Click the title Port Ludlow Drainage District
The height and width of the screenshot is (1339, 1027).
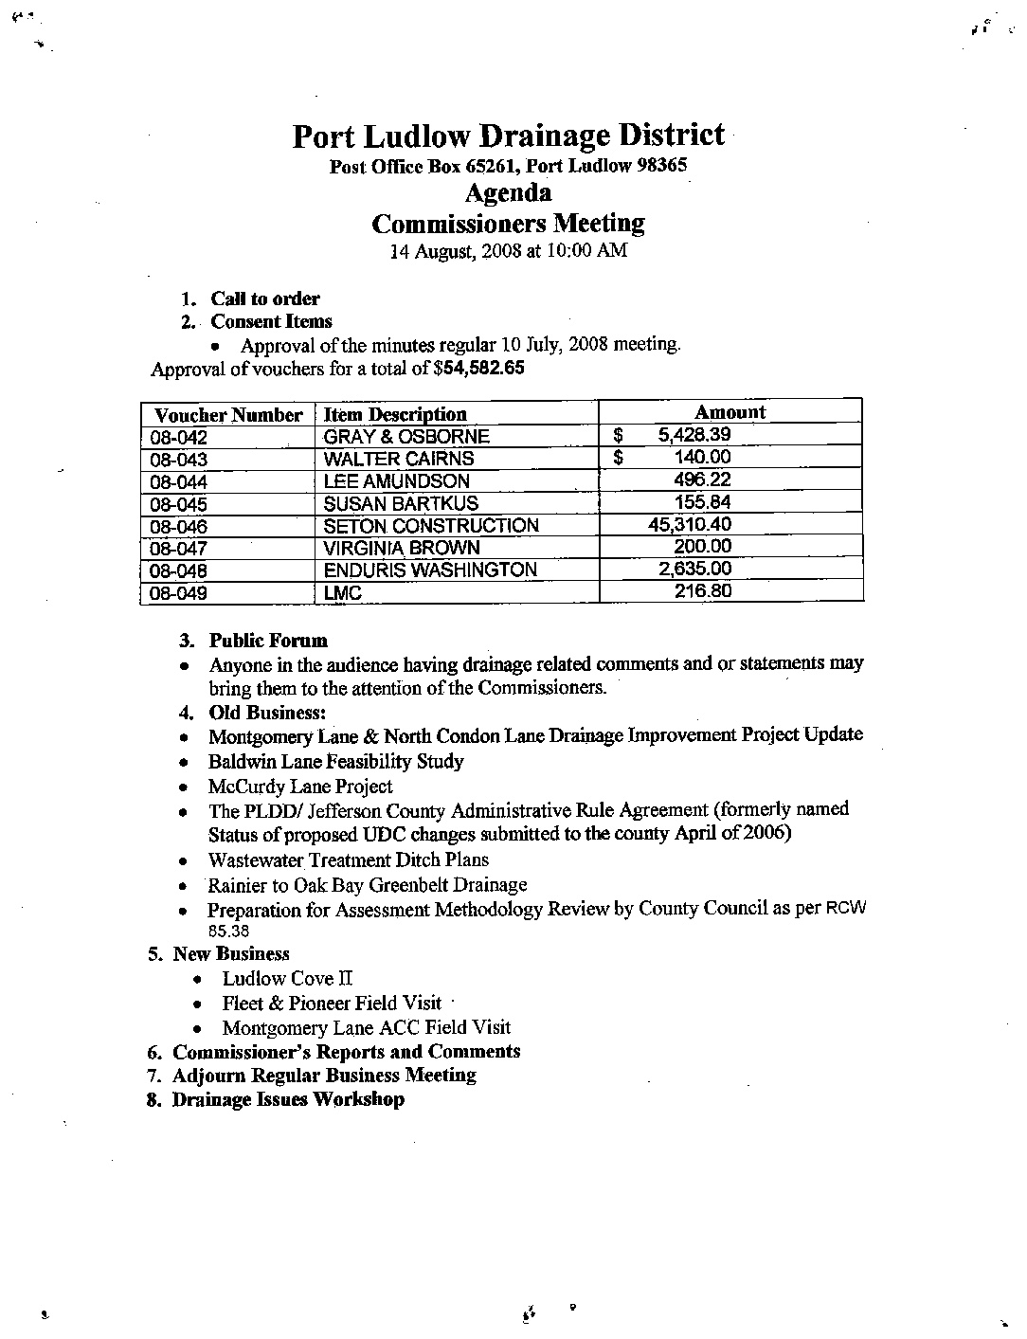click(x=508, y=136)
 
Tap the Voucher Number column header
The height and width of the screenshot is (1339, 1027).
click(x=228, y=415)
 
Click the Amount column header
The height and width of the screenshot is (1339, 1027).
click(x=730, y=412)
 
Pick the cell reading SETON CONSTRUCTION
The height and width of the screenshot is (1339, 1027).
click(x=431, y=526)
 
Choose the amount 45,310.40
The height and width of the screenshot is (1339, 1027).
click(x=689, y=524)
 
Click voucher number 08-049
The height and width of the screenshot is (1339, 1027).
click(x=178, y=593)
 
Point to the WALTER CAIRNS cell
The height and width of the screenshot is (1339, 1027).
click(x=399, y=459)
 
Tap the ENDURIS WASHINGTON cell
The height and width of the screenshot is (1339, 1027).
click(x=430, y=570)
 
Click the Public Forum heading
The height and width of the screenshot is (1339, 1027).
click(x=268, y=641)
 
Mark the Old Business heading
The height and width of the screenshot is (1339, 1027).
click(x=267, y=713)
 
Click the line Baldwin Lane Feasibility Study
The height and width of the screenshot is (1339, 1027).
click(x=336, y=762)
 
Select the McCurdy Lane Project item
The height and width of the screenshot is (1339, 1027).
click(x=300, y=787)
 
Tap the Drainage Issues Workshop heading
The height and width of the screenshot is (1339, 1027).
click(x=288, y=1100)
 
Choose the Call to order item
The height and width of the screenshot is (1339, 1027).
click(x=265, y=299)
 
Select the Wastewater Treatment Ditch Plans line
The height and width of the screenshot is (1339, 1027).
click(x=349, y=860)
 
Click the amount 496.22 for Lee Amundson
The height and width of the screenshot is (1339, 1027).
click(x=702, y=480)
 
